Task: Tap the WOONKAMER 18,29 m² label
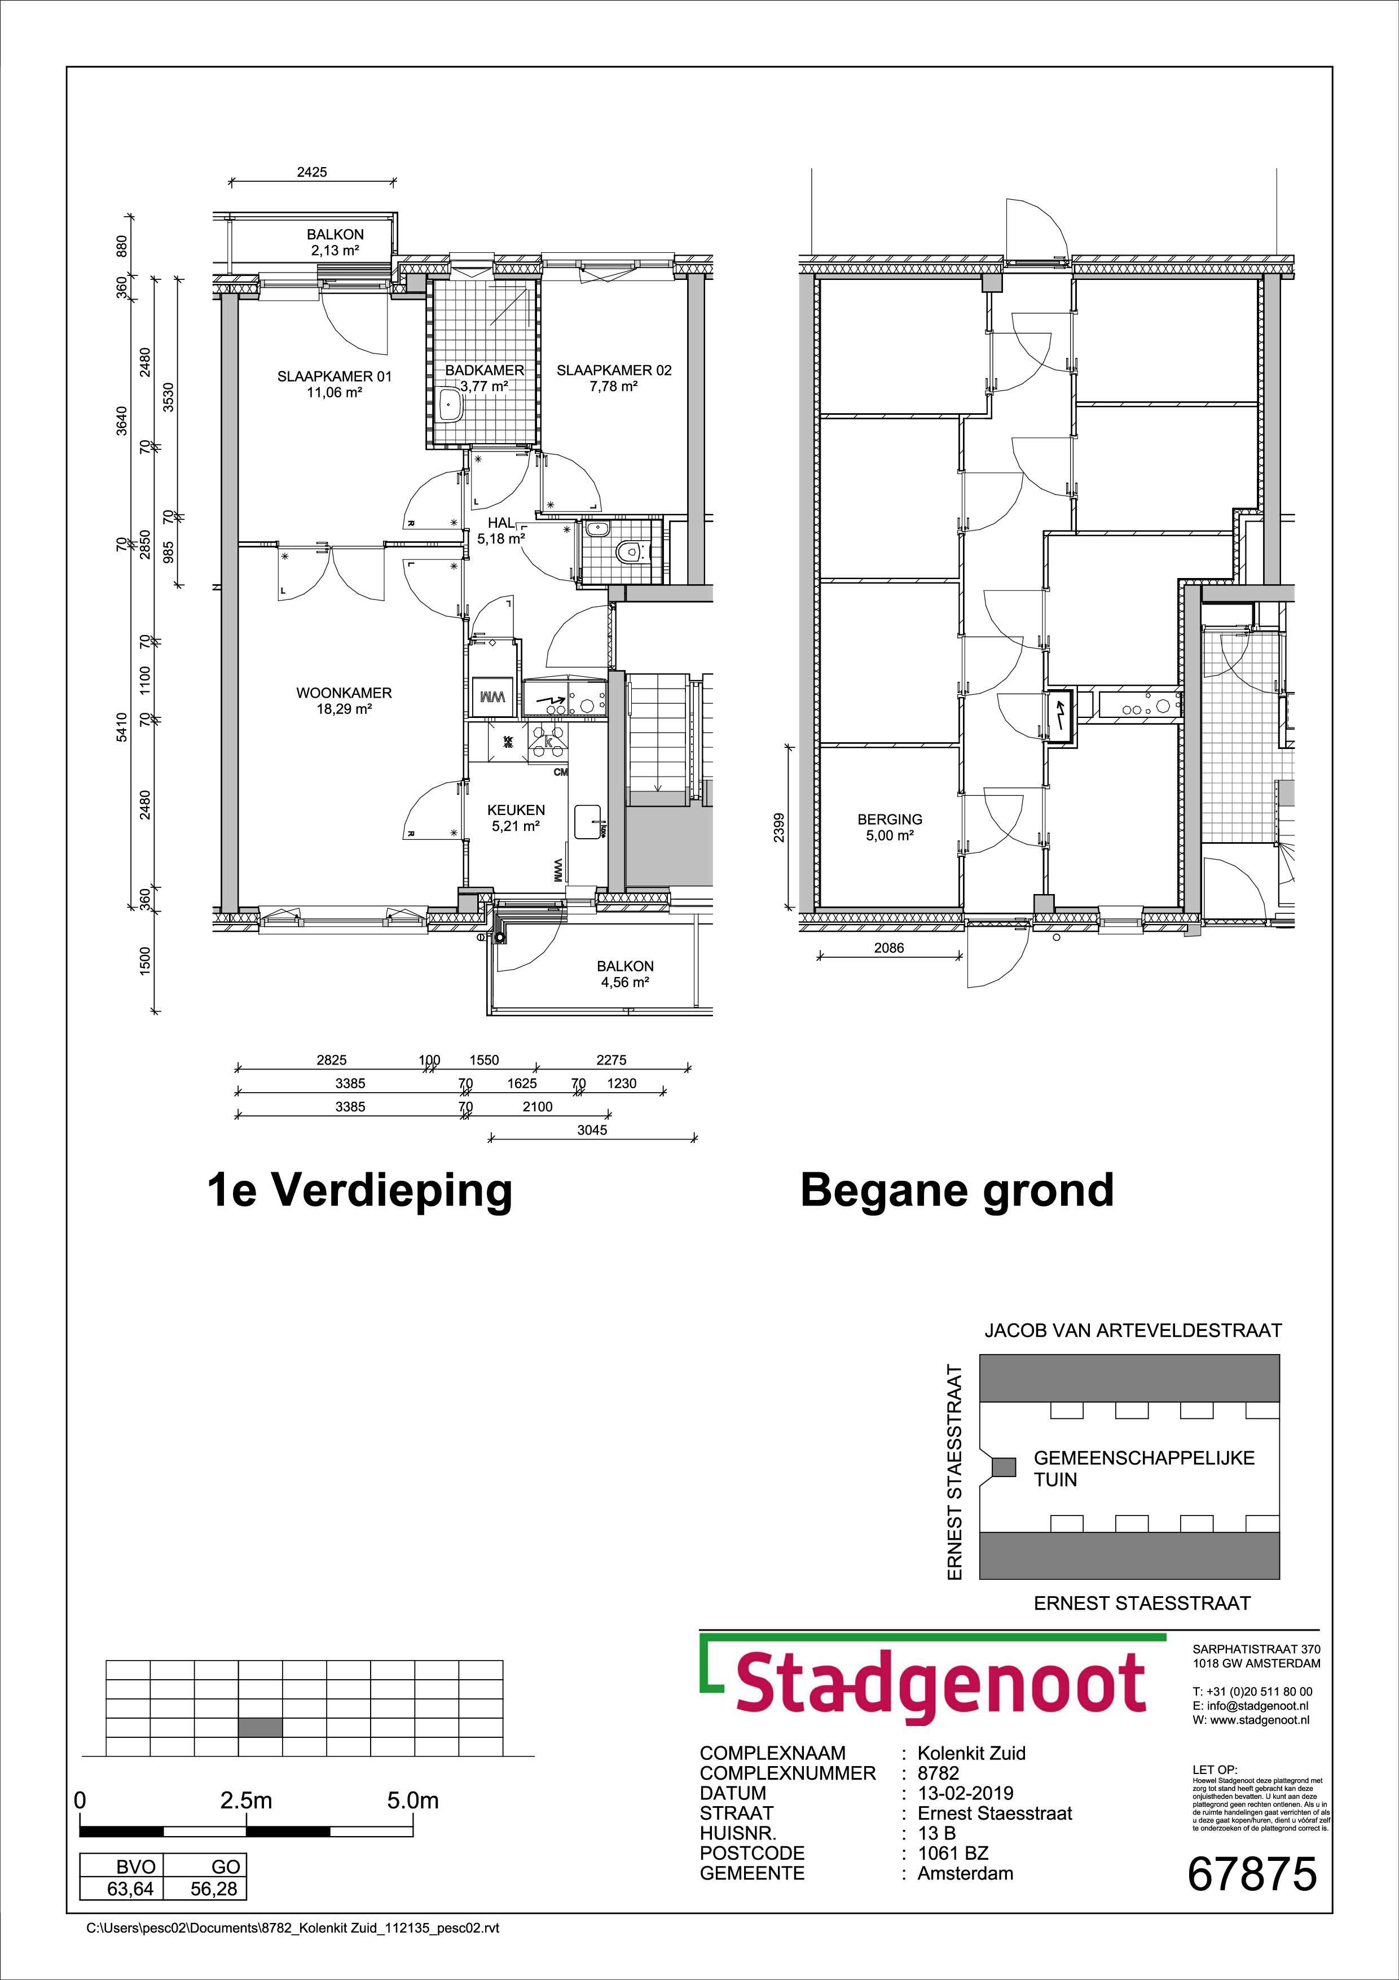coord(344,700)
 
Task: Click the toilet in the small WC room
coord(632,549)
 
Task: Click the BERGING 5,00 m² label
coord(890,827)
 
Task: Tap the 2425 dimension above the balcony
coord(312,172)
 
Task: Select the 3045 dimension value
coord(592,1130)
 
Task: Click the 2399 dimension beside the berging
coord(779,828)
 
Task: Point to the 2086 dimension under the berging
coord(888,948)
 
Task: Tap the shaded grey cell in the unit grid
coord(259,1727)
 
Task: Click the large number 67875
coord(1252,1874)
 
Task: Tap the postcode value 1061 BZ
coord(952,1853)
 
